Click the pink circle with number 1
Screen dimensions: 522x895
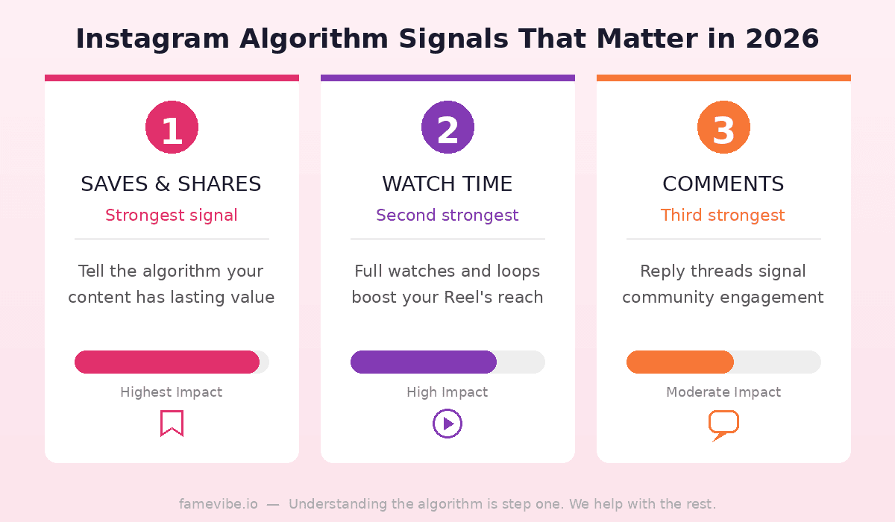(x=172, y=128)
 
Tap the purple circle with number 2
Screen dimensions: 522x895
(x=447, y=128)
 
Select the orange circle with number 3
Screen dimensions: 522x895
(x=723, y=128)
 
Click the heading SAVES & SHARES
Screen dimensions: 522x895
(x=171, y=184)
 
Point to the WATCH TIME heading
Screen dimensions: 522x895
(x=447, y=184)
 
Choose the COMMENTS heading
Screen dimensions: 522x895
(x=723, y=184)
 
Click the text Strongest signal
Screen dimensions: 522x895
(x=172, y=216)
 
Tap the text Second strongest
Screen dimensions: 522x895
(x=447, y=216)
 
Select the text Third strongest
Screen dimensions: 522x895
(x=723, y=216)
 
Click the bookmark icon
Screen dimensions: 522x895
(x=172, y=423)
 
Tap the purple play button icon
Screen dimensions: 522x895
(x=447, y=424)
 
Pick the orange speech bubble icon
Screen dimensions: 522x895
(x=723, y=424)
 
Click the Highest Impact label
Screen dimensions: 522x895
(x=172, y=392)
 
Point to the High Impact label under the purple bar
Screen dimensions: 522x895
(x=447, y=392)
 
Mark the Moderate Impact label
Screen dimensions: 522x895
(x=723, y=392)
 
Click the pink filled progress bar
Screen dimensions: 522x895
(x=167, y=362)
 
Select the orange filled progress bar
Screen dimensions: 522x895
(x=680, y=362)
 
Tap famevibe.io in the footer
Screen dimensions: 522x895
(x=219, y=504)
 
